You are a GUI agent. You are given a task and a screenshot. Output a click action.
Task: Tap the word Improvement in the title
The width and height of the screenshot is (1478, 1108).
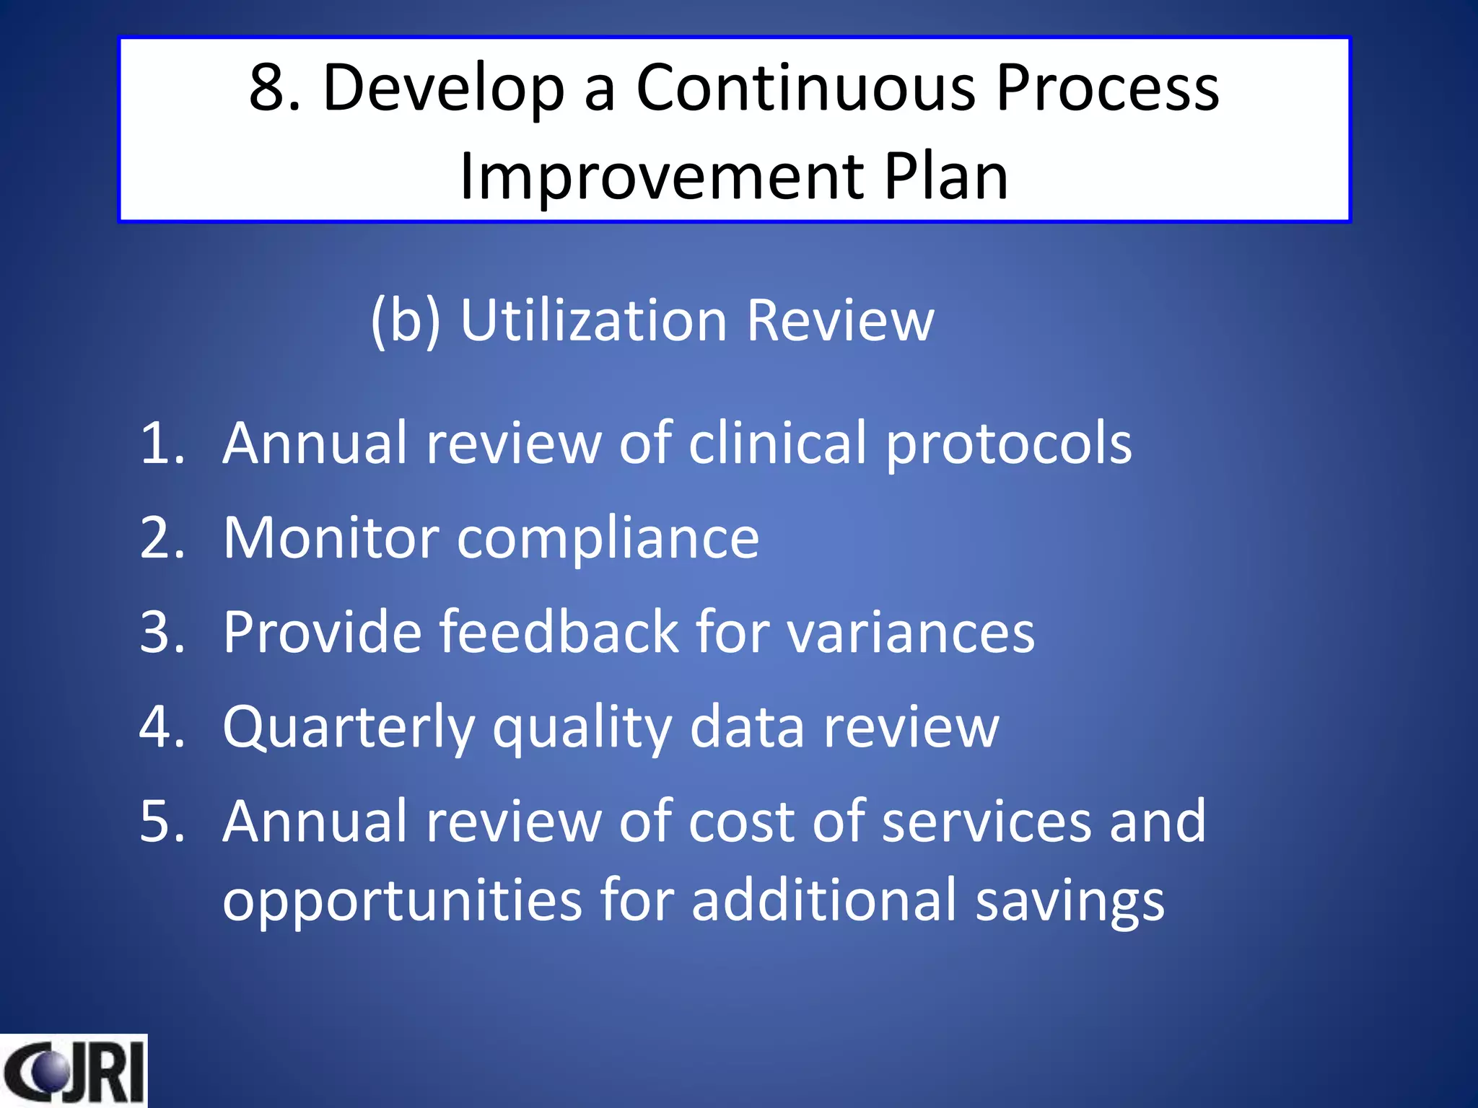[x=661, y=177]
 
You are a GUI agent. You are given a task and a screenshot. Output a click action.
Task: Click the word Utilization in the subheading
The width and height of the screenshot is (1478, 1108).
[x=593, y=320]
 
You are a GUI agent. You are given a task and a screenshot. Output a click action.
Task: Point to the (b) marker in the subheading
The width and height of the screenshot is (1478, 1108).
[x=406, y=320]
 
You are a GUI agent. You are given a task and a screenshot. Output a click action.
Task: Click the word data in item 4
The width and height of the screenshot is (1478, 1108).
[x=747, y=727]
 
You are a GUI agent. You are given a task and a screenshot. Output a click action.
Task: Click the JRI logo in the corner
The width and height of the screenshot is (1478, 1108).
[x=73, y=1071]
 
